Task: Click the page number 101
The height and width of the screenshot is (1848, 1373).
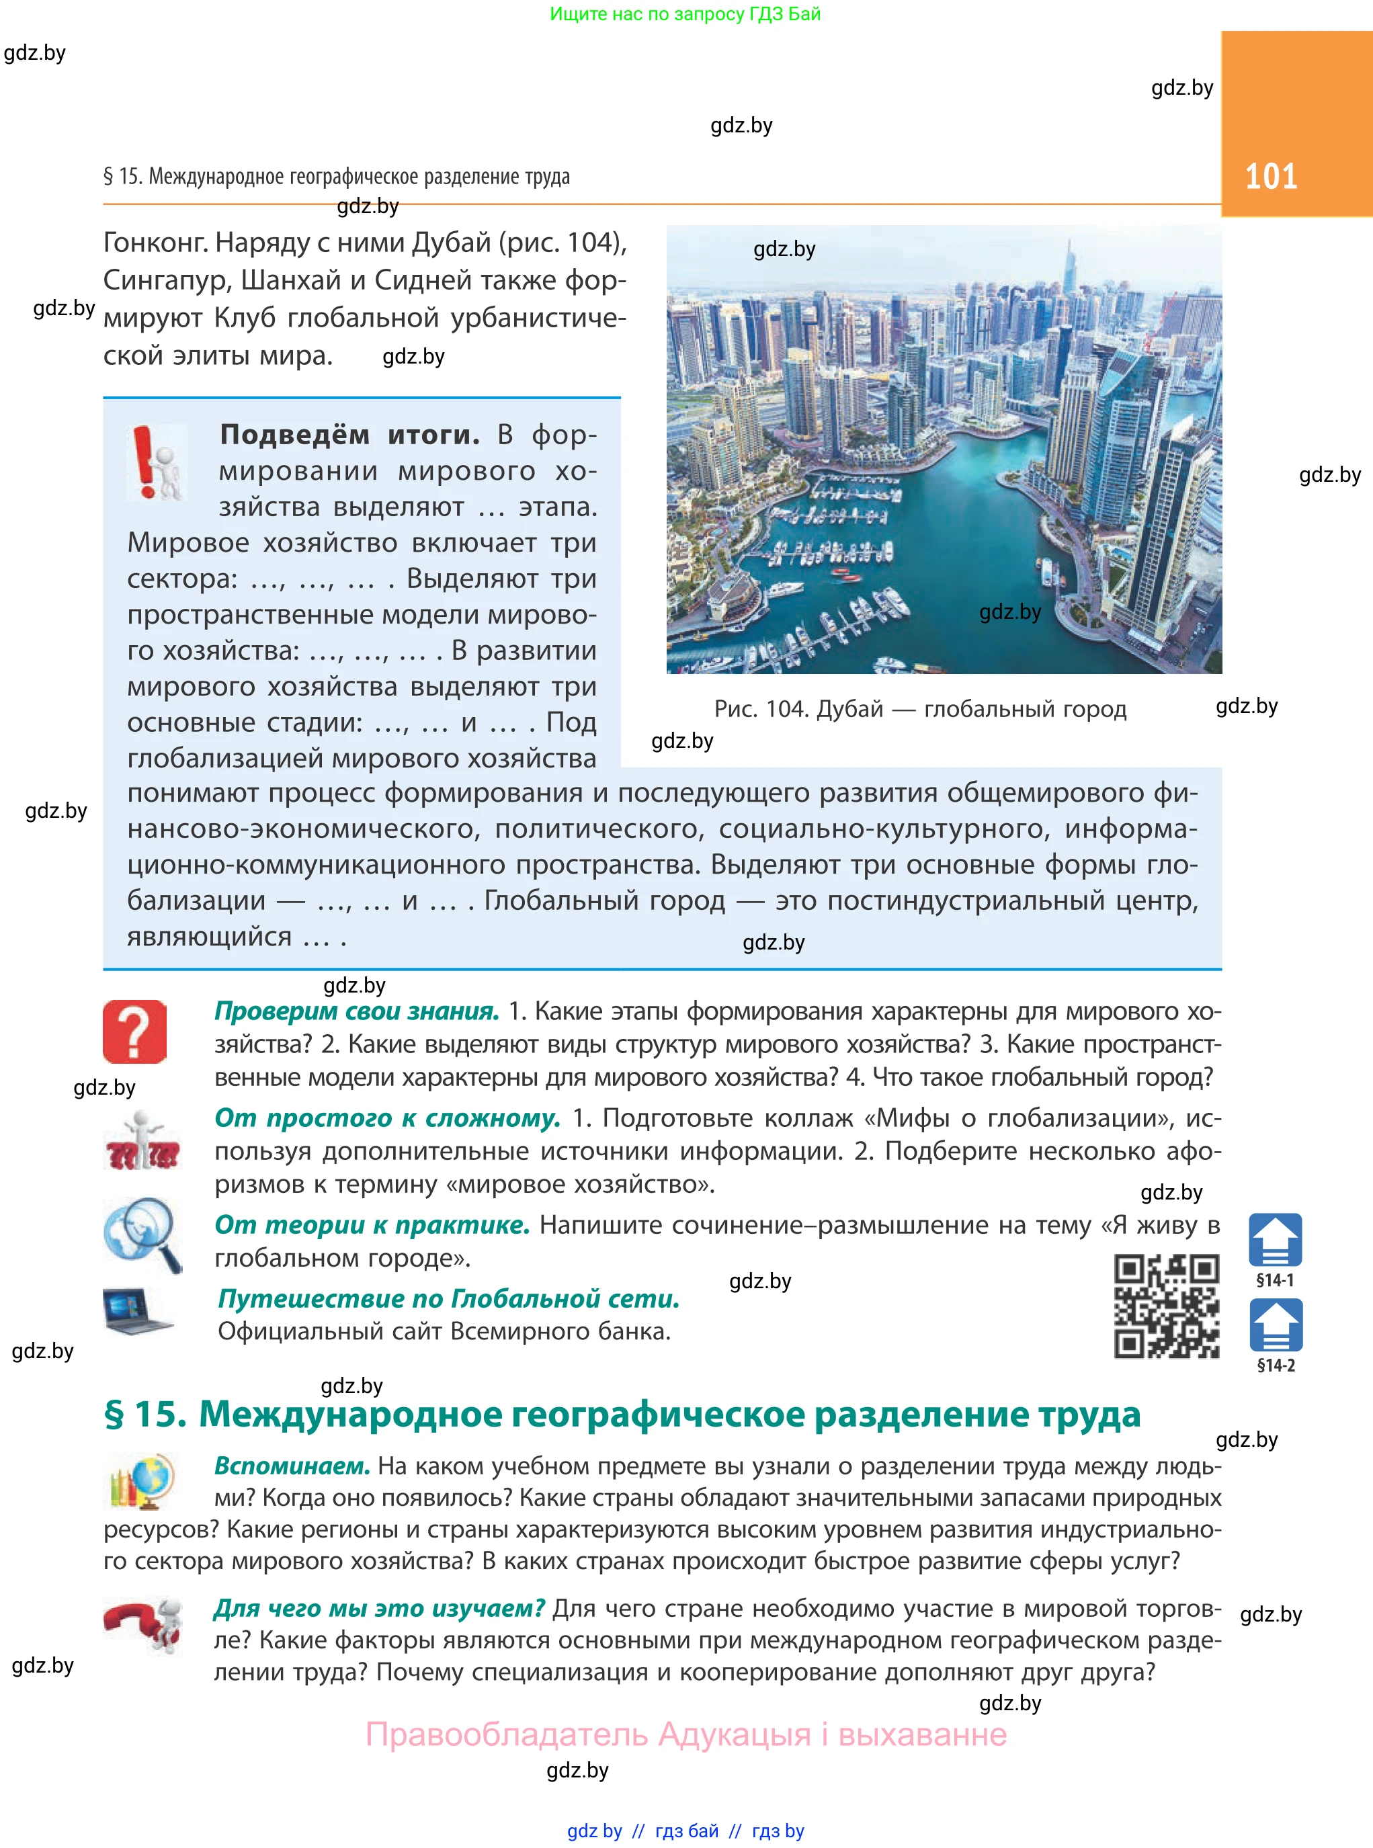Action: (1271, 176)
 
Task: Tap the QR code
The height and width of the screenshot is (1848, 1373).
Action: (1166, 1306)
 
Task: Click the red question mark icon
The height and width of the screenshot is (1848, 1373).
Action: (134, 1032)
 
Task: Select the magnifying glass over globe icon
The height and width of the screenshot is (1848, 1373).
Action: (142, 1234)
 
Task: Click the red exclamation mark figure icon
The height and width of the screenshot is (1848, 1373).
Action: (155, 463)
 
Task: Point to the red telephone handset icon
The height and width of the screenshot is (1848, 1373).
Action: (142, 1624)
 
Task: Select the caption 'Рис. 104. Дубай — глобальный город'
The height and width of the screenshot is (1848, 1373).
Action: (920, 709)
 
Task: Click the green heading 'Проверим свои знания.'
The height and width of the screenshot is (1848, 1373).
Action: (357, 1011)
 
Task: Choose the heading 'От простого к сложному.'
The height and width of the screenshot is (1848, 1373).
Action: (387, 1118)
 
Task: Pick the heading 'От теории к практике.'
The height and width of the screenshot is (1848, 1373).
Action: (372, 1225)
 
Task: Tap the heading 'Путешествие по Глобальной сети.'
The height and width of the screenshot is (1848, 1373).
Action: (449, 1299)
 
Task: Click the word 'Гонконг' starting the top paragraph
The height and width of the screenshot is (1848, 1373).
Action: (154, 243)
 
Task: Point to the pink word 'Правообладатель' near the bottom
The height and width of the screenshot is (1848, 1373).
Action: (507, 1735)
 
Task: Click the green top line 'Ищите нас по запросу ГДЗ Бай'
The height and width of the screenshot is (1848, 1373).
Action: (685, 14)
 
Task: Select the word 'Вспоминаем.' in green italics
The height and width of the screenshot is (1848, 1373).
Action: (292, 1466)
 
